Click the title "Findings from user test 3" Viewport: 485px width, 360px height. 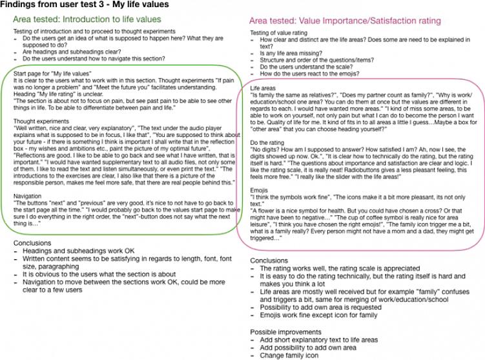(85, 5)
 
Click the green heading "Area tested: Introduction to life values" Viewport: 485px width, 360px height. (96, 19)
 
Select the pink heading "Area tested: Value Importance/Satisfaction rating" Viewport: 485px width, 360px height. (345, 21)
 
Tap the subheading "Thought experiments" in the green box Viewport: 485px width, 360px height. (39, 121)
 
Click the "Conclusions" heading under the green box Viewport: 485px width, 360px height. (32, 243)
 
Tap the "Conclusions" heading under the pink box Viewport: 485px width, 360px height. (269, 260)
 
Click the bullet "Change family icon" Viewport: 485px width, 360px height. (290, 355)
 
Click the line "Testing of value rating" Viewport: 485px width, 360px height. (279, 33)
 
